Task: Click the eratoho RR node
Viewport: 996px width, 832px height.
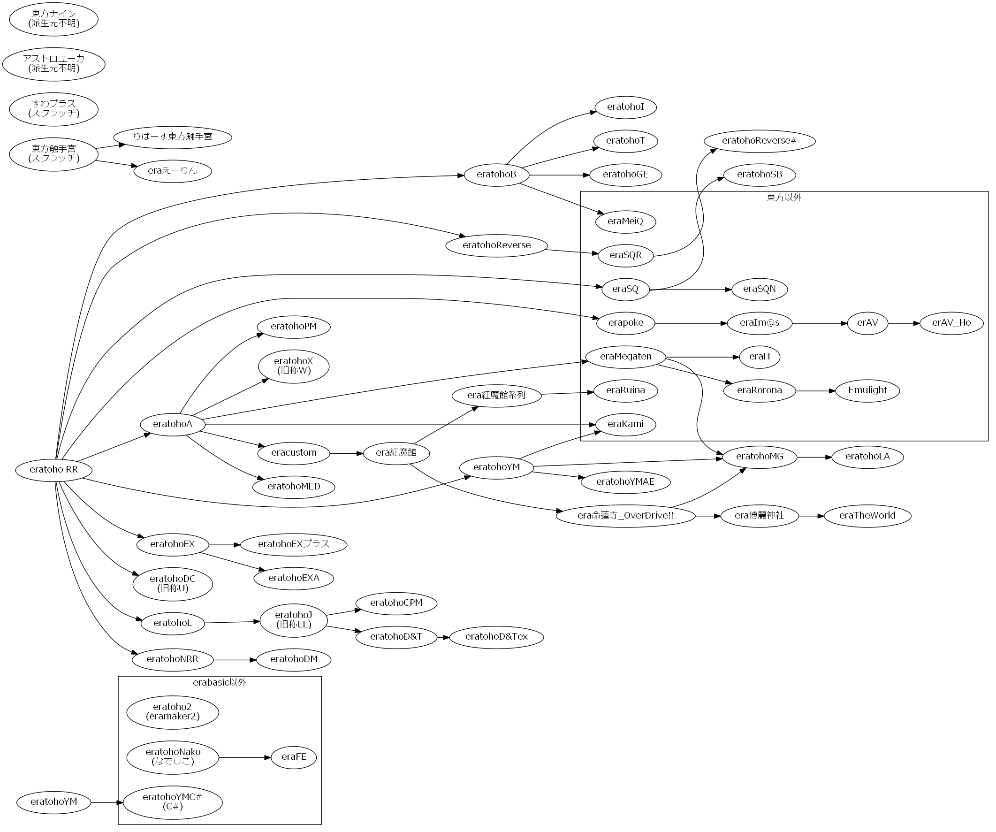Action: (53, 470)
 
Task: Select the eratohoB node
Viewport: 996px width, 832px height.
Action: (496, 175)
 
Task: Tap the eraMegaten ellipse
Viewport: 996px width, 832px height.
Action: (625, 357)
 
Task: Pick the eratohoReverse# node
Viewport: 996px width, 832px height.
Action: (759, 141)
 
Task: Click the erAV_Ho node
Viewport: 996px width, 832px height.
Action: (951, 323)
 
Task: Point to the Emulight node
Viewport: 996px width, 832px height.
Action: (867, 390)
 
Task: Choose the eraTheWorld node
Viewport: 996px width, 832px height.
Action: (867, 516)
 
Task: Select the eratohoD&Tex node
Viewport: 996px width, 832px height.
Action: (496, 637)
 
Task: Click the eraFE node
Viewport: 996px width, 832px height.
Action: (294, 757)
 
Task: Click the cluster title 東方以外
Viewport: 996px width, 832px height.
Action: (784, 198)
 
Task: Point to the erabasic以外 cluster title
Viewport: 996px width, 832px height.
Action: (220, 683)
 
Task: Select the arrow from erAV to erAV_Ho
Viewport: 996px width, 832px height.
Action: (904, 323)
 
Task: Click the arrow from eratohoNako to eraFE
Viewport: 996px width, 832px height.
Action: (245, 757)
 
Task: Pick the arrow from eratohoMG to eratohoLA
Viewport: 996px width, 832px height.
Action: (814, 457)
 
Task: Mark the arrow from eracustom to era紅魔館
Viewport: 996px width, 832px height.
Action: (346, 453)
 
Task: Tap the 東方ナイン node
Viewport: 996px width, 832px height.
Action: (53, 19)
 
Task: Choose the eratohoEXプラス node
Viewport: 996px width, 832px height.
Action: (294, 544)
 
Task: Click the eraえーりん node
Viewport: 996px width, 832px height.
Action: (173, 171)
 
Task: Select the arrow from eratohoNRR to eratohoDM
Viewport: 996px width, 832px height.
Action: (234, 660)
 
